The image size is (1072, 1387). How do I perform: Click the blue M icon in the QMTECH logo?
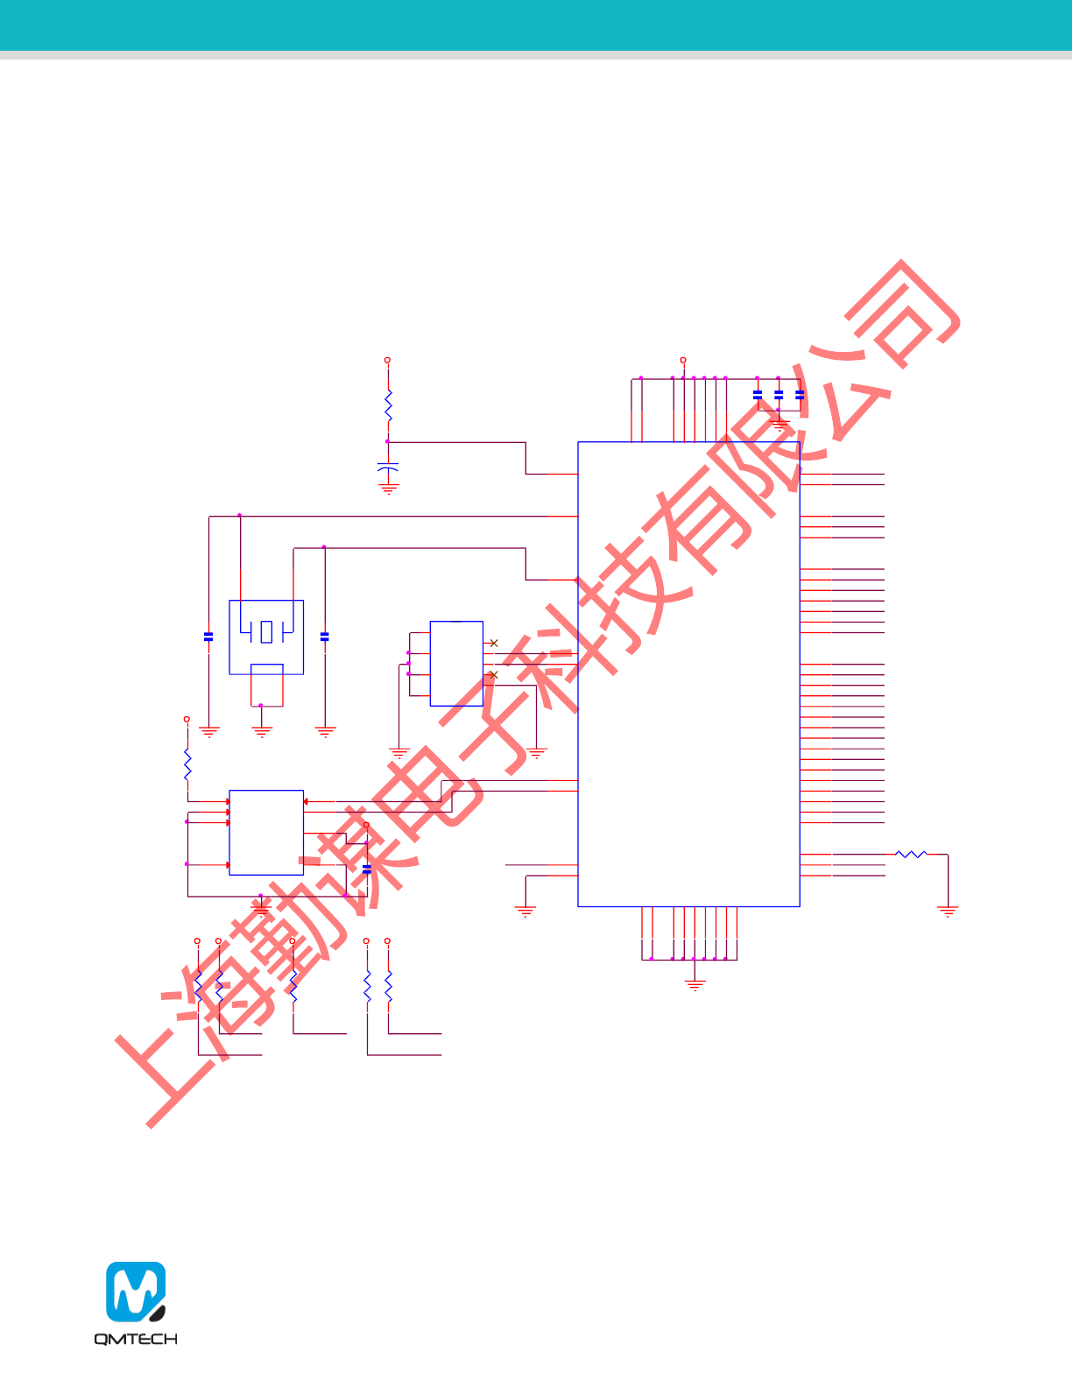(x=136, y=1291)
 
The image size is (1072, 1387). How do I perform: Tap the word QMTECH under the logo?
(x=136, y=1339)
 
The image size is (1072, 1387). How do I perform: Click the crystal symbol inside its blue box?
(x=266, y=630)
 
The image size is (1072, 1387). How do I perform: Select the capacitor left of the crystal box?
(x=208, y=637)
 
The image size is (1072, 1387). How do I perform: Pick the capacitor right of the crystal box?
(x=325, y=637)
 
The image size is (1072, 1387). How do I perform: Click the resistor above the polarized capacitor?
(x=388, y=406)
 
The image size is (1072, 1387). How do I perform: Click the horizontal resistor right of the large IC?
(x=911, y=854)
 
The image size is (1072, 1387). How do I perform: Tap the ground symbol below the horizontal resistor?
(x=948, y=911)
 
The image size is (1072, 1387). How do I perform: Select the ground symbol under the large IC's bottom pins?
(x=695, y=984)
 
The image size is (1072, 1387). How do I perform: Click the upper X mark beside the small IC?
(x=494, y=643)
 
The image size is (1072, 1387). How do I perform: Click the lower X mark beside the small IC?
(x=494, y=674)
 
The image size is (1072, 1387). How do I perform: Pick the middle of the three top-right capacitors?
(x=779, y=395)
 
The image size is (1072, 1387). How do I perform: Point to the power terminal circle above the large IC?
(x=683, y=360)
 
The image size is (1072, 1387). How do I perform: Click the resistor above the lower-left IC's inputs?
(x=187, y=764)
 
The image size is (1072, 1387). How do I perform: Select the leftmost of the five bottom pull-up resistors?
(x=198, y=986)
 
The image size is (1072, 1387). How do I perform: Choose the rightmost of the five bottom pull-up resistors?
(x=388, y=986)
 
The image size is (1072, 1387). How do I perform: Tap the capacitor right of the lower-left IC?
(x=367, y=868)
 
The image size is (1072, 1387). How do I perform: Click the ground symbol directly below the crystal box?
(x=262, y=730)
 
